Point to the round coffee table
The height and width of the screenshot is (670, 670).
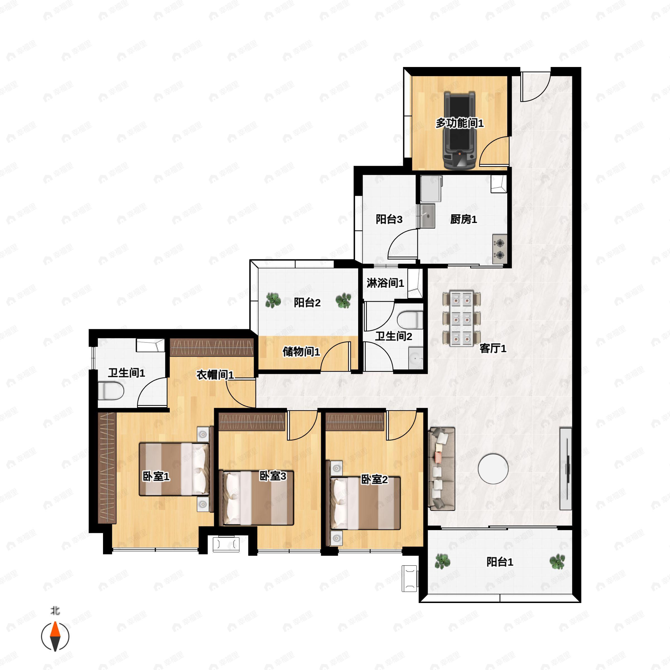[493, 469]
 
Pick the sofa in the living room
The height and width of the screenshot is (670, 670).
[442, 469]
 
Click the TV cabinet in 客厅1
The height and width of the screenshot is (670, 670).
[566, 468]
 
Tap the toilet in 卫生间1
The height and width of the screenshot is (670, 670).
[111, 391]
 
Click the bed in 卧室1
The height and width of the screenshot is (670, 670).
[174, 469]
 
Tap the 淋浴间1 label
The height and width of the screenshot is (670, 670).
[385, 283]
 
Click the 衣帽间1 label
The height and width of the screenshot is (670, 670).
[215, 375]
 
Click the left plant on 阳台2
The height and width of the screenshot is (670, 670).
[273, 300]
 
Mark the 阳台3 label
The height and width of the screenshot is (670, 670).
[389, 219]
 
